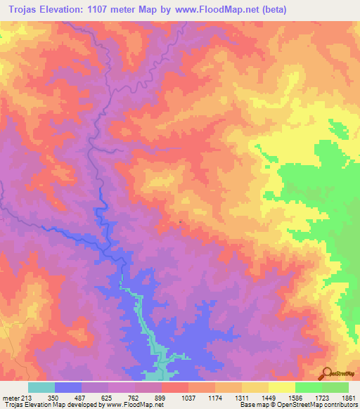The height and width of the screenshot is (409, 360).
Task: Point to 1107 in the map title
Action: pos(119,9)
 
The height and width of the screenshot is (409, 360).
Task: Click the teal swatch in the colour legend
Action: pos(41,387)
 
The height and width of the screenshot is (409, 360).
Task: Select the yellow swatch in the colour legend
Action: pos(282,387)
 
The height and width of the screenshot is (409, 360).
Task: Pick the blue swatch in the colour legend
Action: pos(68,387)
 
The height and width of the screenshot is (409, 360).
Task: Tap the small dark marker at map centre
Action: pos(181,223)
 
